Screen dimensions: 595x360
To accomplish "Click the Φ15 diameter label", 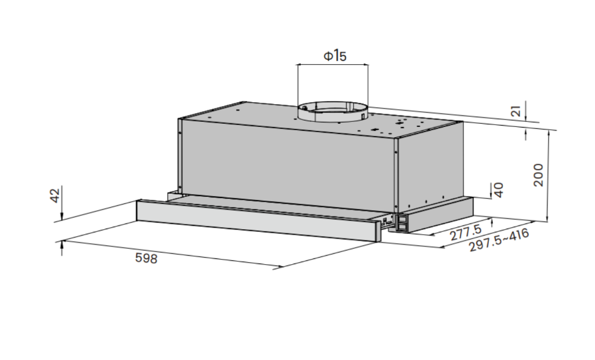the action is tap(335, 56).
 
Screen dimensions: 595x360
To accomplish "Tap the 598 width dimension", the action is tap(146, 258).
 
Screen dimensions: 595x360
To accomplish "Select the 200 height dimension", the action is tap(538, 175).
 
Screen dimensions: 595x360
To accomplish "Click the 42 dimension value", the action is tap(55, 196).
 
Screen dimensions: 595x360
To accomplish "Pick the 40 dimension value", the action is tap(498, 190).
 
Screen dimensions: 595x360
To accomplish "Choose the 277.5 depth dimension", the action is tap(465, 232).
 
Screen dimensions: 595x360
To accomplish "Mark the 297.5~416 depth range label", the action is tap(499, 241).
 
